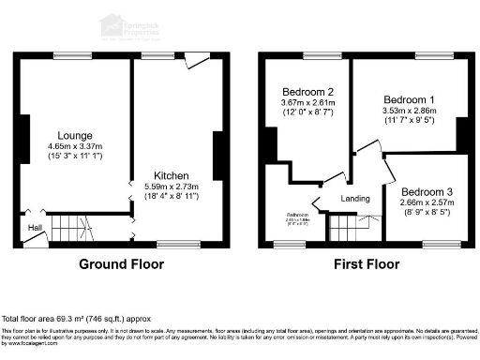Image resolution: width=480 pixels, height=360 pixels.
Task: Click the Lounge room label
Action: click(x=75, y=135)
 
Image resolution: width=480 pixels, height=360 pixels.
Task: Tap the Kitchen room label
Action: click(x=173, y=175)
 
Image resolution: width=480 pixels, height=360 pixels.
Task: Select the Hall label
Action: click(x=34, y=228)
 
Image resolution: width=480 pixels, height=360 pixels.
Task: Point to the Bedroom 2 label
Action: click(x=308, y=92)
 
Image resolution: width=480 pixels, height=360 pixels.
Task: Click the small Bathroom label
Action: click(x=299, y=215)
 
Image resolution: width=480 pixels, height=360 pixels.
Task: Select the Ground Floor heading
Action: click(x=118, y=264)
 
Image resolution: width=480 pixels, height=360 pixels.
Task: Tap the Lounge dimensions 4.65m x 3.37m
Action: click(x=75, y=146)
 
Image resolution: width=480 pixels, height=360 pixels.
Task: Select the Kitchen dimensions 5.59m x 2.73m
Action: click(x=173, y=187)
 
